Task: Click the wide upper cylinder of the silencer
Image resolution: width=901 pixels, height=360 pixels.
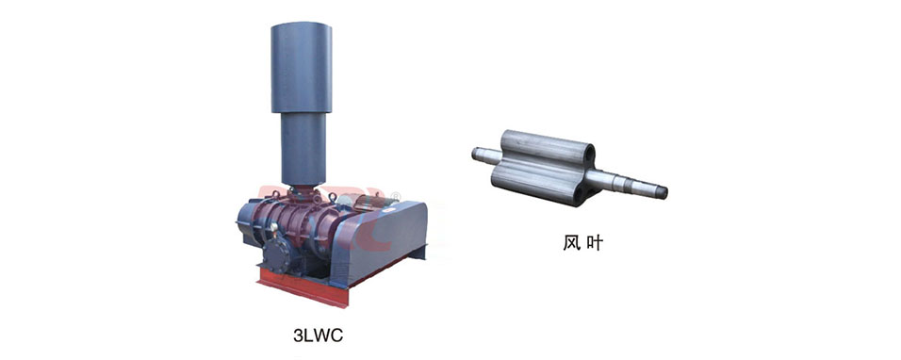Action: point(301,68)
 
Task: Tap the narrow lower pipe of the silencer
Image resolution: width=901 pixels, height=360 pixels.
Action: point(303,148)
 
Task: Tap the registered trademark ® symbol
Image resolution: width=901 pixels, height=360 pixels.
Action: point(395,198)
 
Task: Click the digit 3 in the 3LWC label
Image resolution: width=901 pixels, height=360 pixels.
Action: point(298,335)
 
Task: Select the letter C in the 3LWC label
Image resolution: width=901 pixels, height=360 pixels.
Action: point(336,335)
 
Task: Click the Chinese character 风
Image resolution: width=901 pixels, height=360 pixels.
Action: point(570,243)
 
